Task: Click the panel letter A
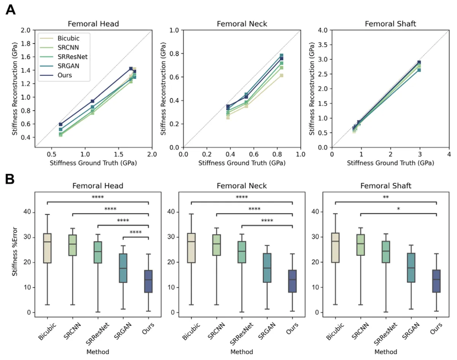pyautogui.click(x=11, y=10)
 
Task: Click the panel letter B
pyautogui.click(x=11, y=179)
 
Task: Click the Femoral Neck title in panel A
pyautogui.click(x=242, y=24)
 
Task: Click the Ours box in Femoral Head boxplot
pyautogui.click(x=148, y=281)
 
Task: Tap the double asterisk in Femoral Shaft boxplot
pyautogui.click(x=385, y=198)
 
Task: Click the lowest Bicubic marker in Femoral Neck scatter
pyautogui.click(x=228, y=117)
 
